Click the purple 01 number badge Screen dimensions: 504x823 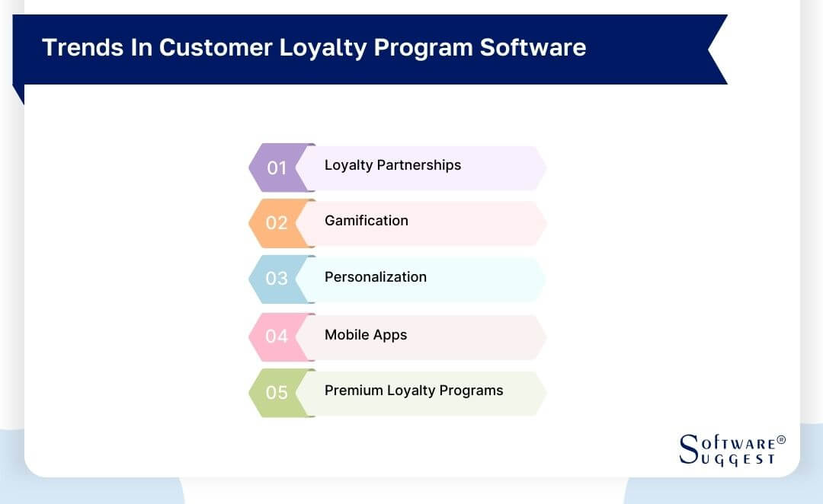pyautogui.click(x=276, y=167)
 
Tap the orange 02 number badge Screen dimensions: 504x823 pyautogui.click(x=276, y=223)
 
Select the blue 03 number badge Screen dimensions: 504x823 pyautogui.click(x=276, y=279)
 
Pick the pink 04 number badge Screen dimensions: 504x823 pyautogui.click(x=276, y=336)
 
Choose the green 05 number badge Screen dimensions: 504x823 pyautogui.click(x=276, y=392)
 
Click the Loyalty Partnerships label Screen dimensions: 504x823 pyautogui.click(x=392, y=165)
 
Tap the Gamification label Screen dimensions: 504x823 pyautogui.click(x=367, y=221)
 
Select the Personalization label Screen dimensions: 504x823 pyautogui.click(x=376, y=277)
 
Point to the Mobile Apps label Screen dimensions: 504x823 pyautogui.click(x=366, y=335)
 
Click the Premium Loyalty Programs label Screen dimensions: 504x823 pyautogui.click(x=414, y=391)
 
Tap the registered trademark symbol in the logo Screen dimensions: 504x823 pyautogui.click(x=780, y=440)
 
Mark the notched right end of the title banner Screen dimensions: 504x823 pyautogui.click(x=716, y=49)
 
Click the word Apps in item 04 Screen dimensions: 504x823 pyautogui.click(x=390, y=336)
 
